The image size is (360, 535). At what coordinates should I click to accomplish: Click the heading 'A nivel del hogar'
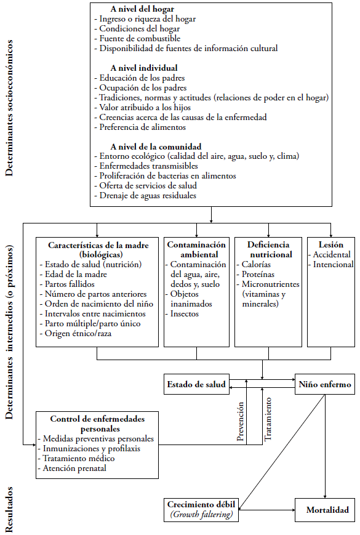point(142,9)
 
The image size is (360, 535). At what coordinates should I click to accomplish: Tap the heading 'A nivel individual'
point(144,68)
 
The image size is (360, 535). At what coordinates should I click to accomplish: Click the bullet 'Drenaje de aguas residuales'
point(145,196)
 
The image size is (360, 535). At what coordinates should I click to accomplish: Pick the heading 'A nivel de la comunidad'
point(156,147)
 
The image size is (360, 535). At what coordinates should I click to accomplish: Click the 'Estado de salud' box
point(196,384)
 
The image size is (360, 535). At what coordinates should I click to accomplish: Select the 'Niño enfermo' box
point(325,384)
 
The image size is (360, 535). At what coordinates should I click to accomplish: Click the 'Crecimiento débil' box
point(201,510)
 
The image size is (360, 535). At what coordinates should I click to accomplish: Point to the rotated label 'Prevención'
point(241,421)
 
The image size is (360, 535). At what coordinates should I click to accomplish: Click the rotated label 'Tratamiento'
point(268,419)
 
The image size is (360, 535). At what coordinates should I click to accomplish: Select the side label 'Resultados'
point(9,509)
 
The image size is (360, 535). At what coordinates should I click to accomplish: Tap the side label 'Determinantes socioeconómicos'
point(9,108)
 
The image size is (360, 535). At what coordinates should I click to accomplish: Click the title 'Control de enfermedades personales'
point(97,424)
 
